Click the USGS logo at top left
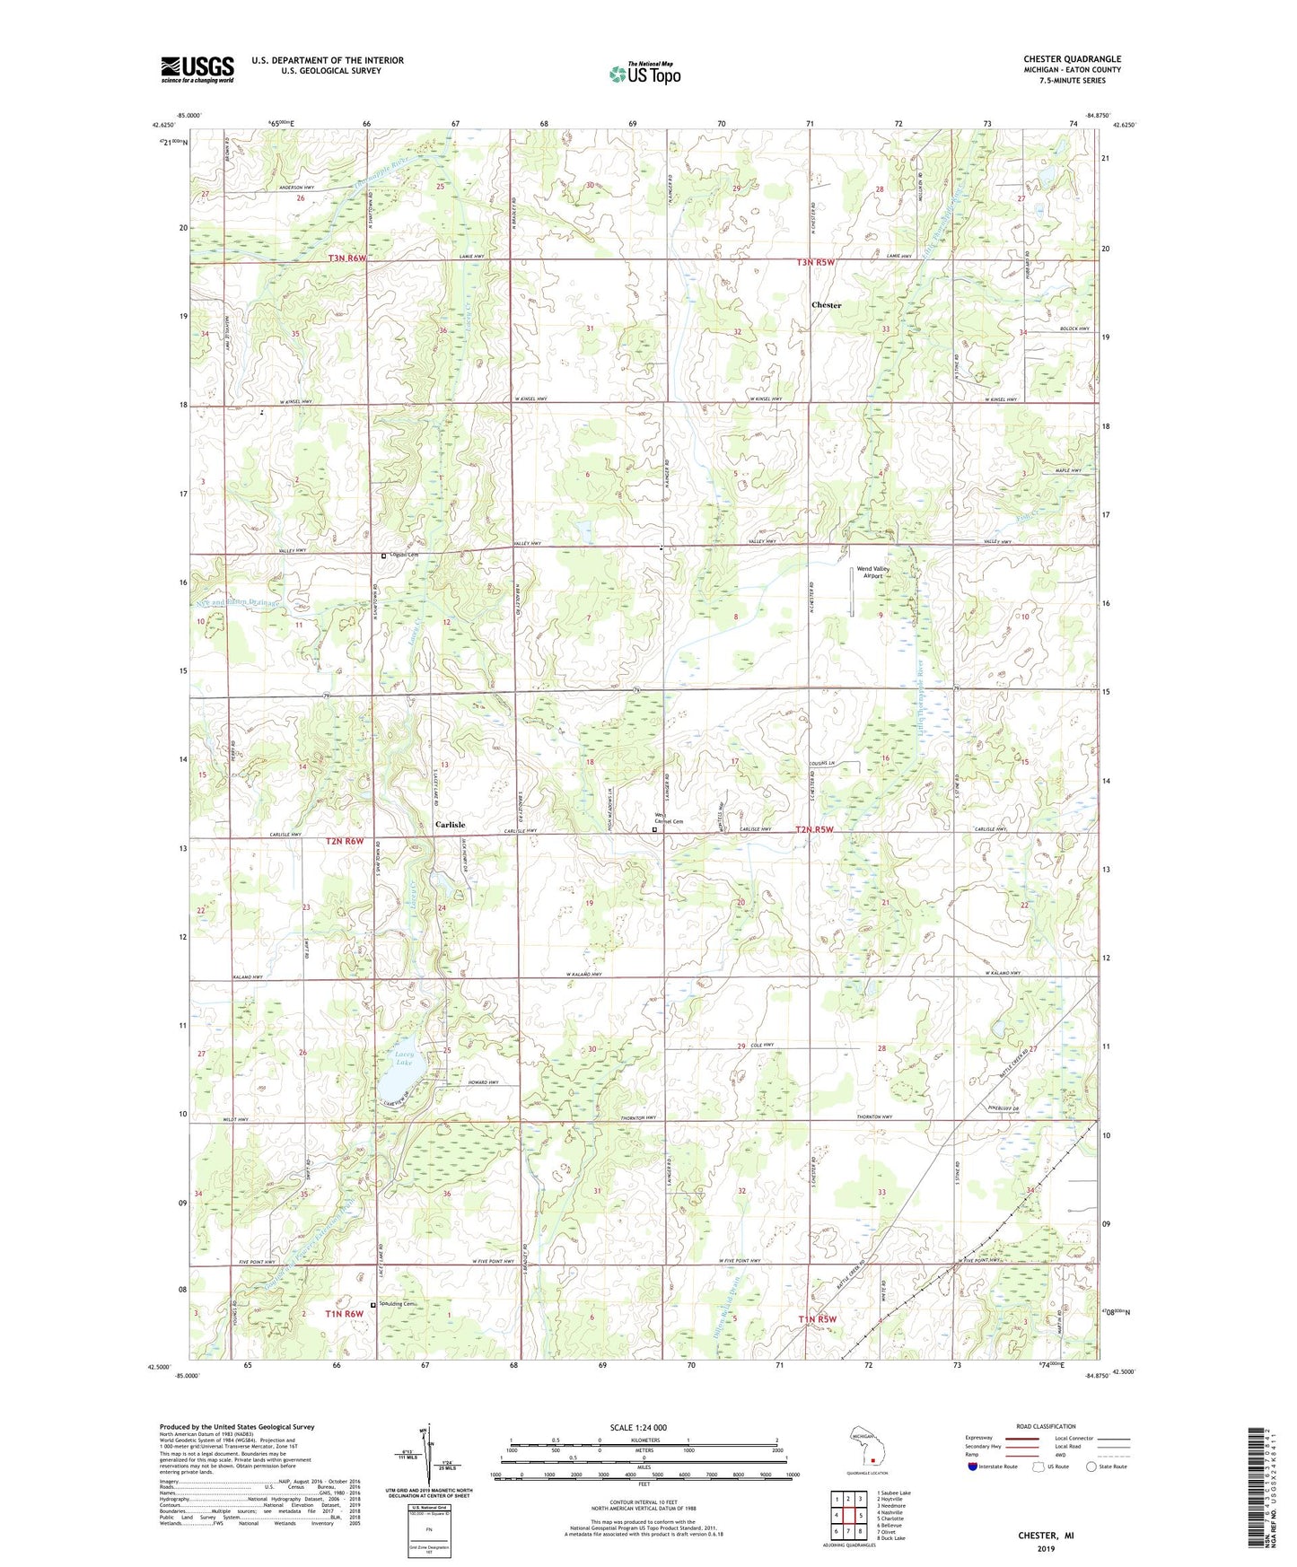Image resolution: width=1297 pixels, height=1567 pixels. click(197, 69)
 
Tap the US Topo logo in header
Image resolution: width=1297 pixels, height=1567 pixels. click(644, 74)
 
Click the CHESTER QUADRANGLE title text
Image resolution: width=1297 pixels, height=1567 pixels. click(1072, 59)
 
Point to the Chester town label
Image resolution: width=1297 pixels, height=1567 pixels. click(826, 305)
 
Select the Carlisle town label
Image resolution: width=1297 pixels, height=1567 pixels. click(451, 824)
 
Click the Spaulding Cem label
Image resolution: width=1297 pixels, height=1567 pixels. click(399, 1304)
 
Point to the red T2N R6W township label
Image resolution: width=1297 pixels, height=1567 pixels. click(346, 841)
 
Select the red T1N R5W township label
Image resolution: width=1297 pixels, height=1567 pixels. click(817, 1318)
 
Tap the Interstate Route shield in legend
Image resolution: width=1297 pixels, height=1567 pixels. click(973, 1467)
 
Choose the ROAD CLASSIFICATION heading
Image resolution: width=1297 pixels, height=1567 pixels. click(1047, 1426)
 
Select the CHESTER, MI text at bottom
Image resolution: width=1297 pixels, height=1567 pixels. click(1045, 1535)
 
